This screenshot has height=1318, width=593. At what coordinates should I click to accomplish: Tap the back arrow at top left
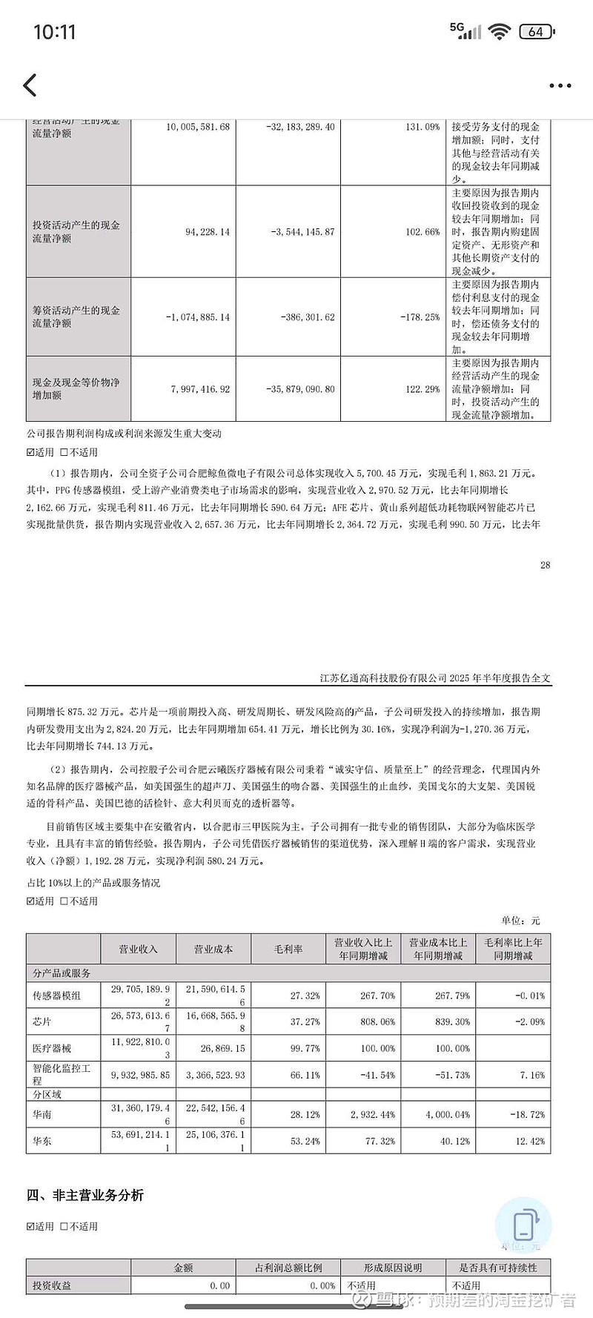[30, 85]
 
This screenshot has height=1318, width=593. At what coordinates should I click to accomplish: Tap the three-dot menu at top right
[560, 86]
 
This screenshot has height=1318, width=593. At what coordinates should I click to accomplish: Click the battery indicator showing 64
[537, 31]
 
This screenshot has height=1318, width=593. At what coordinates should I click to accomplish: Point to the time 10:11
[55, 32]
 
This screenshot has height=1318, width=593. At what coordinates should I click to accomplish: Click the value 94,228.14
[208, 232]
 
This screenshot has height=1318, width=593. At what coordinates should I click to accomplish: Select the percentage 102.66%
[423, 232]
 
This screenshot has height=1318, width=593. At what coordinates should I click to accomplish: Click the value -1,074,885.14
[197, 317]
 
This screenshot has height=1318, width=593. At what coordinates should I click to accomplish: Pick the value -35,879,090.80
[300, 389]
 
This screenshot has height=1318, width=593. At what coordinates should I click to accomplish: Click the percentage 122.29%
[423, 389]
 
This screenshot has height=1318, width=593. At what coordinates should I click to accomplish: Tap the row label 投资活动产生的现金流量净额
[76, 231]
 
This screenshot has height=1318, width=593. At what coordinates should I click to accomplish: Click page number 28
[546, 565]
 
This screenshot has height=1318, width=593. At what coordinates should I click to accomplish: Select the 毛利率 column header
[288, 949]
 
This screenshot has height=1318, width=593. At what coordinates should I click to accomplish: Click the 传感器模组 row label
[56, 996]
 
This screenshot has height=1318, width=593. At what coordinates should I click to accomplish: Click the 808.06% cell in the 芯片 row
[377, 1021]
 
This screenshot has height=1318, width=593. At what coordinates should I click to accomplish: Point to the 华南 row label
[42, 1114]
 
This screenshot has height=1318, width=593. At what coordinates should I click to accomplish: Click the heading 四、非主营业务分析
[85, 1195]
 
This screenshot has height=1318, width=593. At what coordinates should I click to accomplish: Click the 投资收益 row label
[52, 1285]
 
